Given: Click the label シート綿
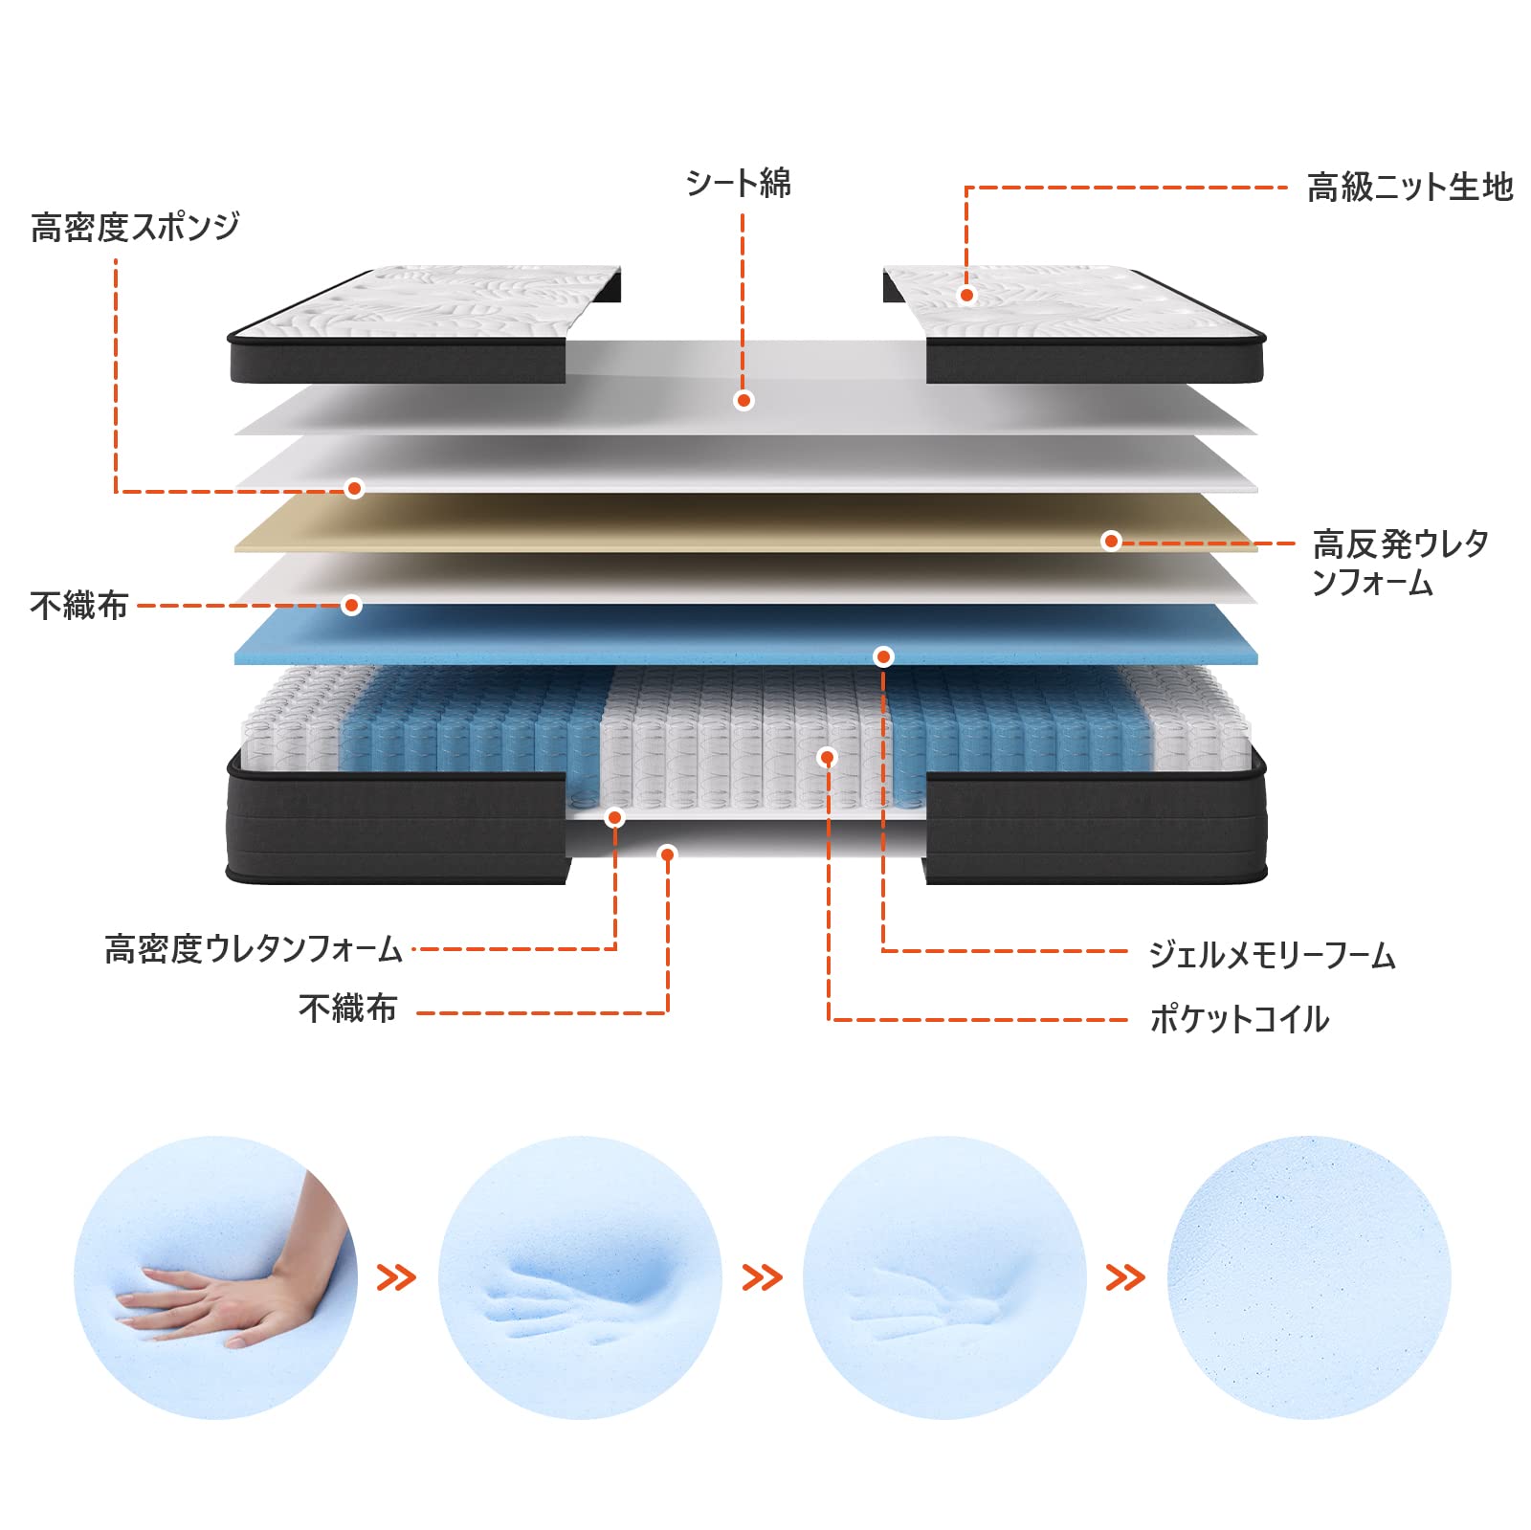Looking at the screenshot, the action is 739,183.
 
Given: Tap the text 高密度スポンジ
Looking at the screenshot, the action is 135,227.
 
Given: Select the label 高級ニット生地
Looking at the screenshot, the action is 1409,188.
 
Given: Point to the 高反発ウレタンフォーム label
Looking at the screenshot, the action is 1400,563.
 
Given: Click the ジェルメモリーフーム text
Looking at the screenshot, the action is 1272,955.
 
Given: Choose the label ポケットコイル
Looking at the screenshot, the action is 1239,1019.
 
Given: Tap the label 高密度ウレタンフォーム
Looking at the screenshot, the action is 254,949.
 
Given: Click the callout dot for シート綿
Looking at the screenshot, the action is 743,401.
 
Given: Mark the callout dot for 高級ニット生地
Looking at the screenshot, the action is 966,295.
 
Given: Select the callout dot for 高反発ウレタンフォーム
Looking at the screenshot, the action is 1111,542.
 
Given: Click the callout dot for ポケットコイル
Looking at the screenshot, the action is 828,758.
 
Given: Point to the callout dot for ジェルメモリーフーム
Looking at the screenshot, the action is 883,656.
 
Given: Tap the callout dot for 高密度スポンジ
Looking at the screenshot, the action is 354,489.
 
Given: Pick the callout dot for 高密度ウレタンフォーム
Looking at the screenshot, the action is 615,817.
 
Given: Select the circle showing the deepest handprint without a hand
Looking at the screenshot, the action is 580,1277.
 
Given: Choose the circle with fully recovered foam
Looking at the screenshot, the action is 1309,1277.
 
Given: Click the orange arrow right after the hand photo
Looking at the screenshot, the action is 396,1277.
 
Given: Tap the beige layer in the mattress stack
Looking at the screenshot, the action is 746,523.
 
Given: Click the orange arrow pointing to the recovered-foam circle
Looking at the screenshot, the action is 1125,1277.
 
